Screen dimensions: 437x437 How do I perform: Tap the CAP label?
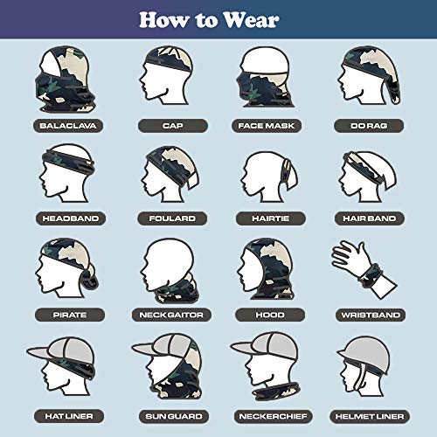coord(172,125)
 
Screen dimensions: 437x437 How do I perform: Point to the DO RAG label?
coord(368,125)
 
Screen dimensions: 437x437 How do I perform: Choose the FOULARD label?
coord(172,217)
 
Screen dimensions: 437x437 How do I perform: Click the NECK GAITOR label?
coord(172,312)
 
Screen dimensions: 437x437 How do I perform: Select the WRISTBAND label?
coord(368,312)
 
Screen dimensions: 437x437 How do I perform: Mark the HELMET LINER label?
coord(368,414)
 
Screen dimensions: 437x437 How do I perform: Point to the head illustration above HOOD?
coord(267,267)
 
